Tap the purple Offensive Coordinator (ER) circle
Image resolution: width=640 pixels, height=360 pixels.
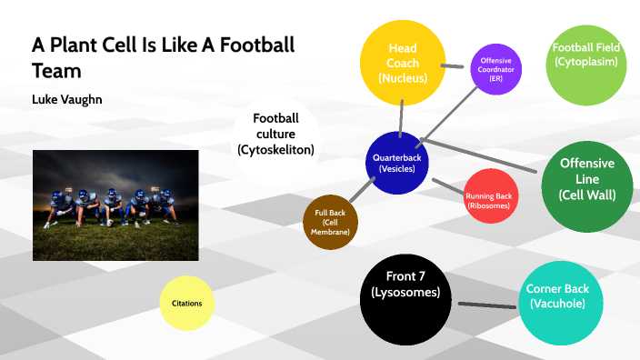pyautogui.click(x=496, y=69)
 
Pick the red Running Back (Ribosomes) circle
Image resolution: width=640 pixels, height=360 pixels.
pyautogui.click(x=490, y=195)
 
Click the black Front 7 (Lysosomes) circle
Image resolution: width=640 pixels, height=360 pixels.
pyautogui.click(x=405, y=299)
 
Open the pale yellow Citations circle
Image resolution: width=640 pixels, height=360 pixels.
pyautogui.click(x=185, y=303)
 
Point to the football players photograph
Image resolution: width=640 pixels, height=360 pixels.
pyautogui.click(x=115, y=205)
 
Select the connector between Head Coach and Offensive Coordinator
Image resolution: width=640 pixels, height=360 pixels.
pyautogui.click(x=455, y=65)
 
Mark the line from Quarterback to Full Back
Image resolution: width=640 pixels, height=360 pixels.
pyautogui.click(x=362, y=193)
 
